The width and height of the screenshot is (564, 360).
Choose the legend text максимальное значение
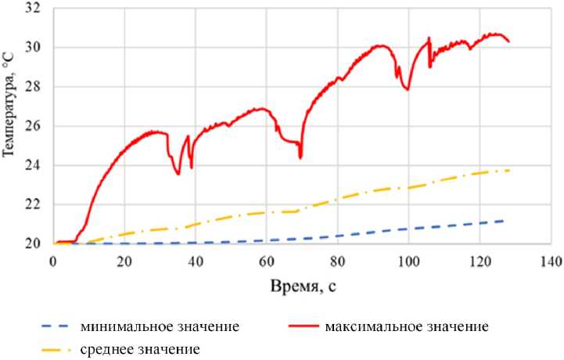(407, 325)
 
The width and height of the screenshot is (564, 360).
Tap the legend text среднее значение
(140, 348)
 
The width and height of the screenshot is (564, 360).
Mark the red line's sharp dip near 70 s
(300, 157)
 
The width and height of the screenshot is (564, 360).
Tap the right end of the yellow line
(509, 170)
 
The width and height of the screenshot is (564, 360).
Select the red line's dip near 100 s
(408, 89)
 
